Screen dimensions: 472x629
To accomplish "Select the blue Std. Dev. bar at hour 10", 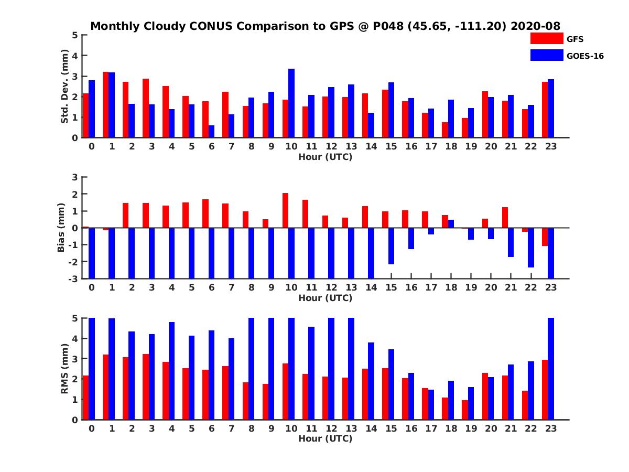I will coord(291,103).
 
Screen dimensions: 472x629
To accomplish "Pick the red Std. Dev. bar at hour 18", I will coord(444,130).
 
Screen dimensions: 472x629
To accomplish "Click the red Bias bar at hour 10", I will coord(285,210).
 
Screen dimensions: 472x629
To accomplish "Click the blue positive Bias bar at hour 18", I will coord(451,224).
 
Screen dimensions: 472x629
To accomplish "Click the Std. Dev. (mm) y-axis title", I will coord(65,86).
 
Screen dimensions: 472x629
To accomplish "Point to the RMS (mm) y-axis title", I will coord(65,369).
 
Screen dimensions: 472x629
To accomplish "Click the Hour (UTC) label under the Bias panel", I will coord(325,298).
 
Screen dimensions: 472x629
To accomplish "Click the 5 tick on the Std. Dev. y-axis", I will coord(75,35).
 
